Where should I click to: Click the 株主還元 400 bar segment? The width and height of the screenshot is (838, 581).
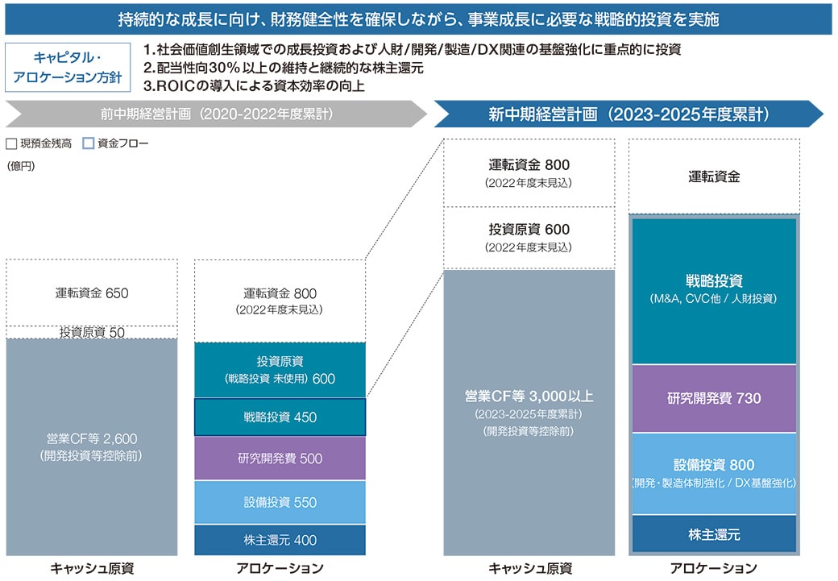(x=280, y=540)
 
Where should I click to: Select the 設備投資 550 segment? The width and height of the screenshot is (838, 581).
(x=280, y=502)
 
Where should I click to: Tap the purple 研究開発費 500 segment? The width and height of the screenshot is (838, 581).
(x=280, y=458)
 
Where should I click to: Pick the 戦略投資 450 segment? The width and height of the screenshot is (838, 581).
(x=280, y=417)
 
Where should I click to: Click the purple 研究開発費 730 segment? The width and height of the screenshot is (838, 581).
(x=714, y=398)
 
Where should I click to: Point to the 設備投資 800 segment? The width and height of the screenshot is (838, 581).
(x=714, y=474)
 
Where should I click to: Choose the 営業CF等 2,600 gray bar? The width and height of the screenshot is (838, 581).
(x=92, y=447)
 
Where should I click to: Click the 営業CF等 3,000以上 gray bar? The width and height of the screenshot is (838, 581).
(x=529, y=413)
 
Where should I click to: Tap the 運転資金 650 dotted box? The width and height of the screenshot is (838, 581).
(x=92, y=293)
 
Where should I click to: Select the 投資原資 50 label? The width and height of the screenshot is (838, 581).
(x=92, y=333)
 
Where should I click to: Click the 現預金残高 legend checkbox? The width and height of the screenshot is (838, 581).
(x=11, y=143)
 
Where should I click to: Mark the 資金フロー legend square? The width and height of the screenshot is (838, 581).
(x=88, y=143)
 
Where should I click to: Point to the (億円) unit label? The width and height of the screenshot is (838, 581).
(x=21, y=166)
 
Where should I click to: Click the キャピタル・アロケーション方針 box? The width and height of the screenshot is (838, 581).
(x=68, y=68)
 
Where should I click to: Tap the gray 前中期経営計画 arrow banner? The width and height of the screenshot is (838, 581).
(x=217, y=114)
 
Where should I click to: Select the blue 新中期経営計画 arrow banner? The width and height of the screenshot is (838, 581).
(x=628, y=114)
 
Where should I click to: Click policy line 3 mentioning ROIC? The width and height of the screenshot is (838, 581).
(x=254, y=86)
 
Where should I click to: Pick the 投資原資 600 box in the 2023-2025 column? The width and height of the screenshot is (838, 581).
(x=529, y=238)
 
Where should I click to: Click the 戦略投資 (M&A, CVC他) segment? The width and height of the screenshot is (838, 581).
(x=714, y=290)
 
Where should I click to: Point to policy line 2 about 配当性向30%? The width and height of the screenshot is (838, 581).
(x=284, y=68)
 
